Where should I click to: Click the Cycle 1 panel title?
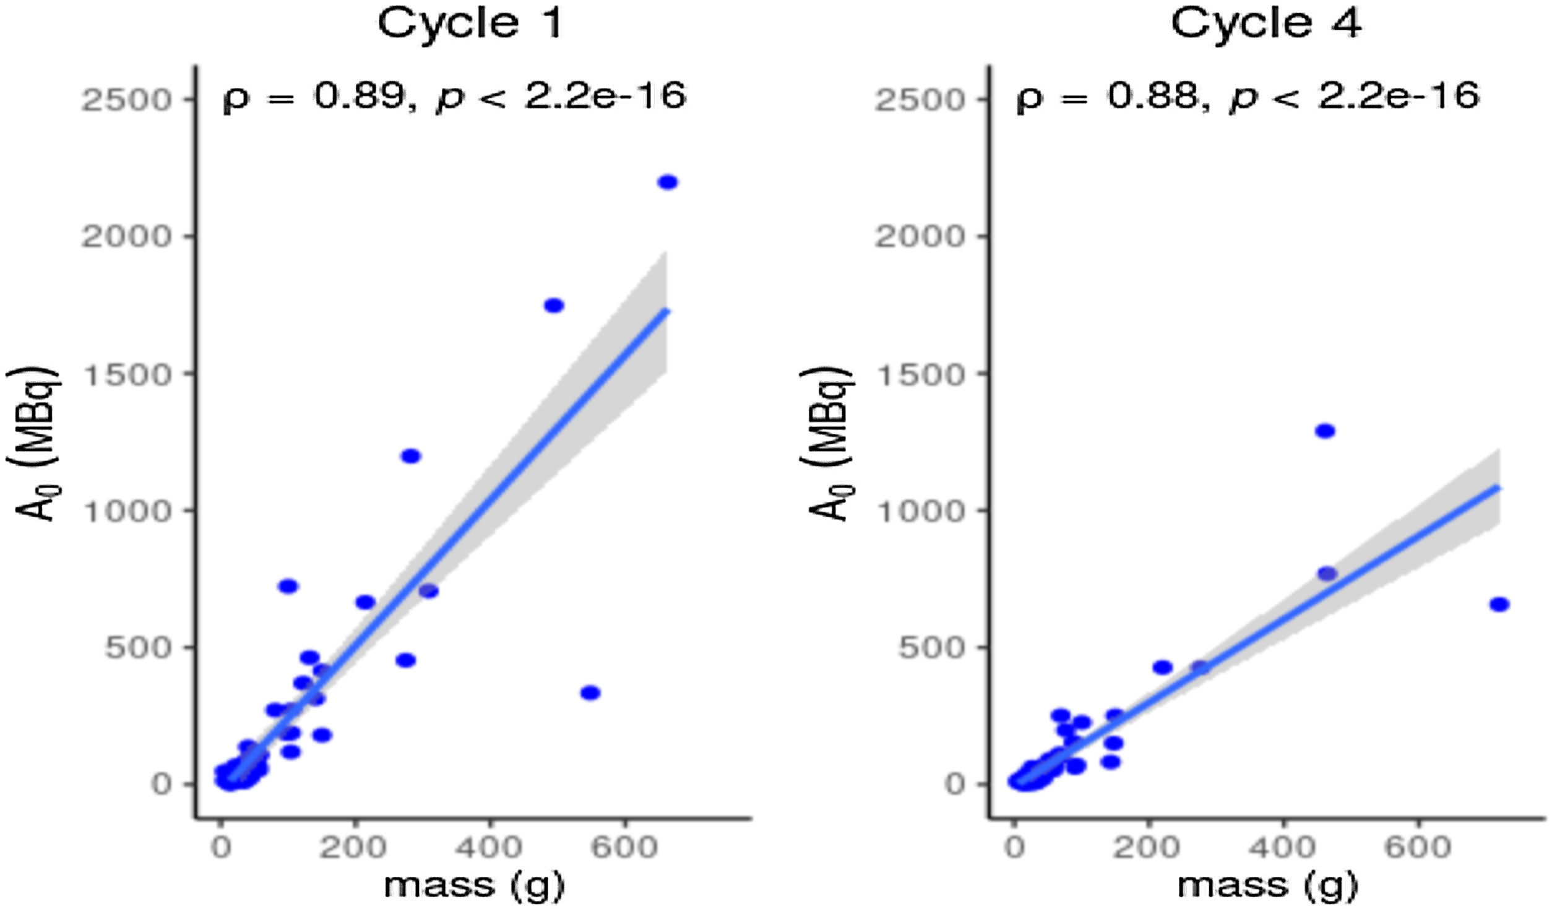[x=470, y=24]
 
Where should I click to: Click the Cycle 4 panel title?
[x=1266, y=24]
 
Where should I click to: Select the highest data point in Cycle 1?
[x=668, y=183]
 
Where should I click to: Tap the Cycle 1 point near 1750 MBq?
[x=553, y=306]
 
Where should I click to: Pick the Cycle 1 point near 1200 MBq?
[x=411, y=456]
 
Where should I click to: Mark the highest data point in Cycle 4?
[x=1325, y=431]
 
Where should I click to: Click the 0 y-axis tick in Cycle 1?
[x=163, y=784]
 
